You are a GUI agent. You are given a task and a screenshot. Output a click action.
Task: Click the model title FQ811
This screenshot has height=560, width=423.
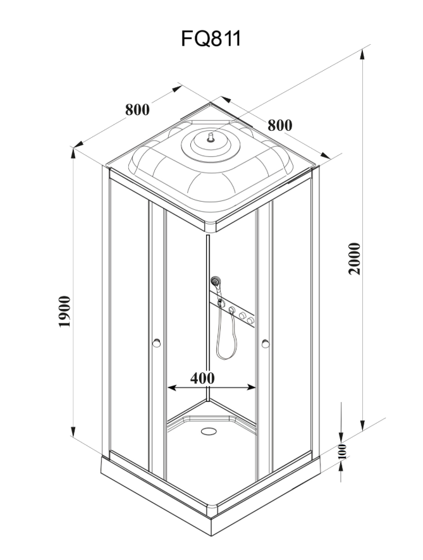pyautogui.click(x=211, y=39)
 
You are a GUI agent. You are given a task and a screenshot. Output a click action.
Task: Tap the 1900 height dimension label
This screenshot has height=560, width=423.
pyautogui.click(x=64, y=311)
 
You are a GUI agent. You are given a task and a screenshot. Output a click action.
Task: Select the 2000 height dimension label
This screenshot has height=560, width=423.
pyautogui.click(x=355, y=259)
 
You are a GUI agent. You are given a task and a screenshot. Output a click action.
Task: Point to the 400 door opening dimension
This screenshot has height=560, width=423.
pyautogui.click(x=202, y=378)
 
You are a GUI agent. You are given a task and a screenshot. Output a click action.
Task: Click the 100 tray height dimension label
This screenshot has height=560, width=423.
pyautogui.click(x=342, y=452)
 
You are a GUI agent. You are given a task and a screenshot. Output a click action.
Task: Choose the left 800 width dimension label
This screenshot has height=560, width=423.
pyautogui.click(x=138, y=109)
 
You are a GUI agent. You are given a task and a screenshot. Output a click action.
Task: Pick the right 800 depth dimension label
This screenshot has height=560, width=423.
pyautogui.click(x=280, y=125)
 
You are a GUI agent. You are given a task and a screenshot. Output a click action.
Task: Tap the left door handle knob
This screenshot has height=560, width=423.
pyautogui.click(x=156, y=343)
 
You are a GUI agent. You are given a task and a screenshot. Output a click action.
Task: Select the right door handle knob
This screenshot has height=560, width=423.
pyautogui.click(x=266, y=344)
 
